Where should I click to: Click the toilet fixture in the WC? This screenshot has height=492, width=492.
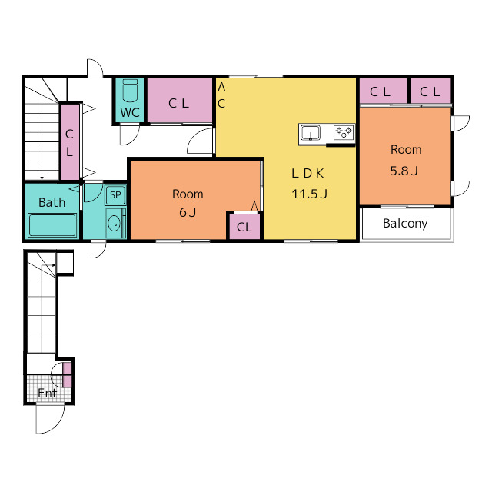[x=130, y=91]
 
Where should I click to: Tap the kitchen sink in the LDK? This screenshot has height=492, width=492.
[x=311, y=132]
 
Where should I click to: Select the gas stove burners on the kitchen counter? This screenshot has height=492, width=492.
[x=344, y=132]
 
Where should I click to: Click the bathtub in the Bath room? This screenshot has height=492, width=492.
[x=52, y=225]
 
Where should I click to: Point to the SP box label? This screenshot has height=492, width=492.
[x=115, y=195]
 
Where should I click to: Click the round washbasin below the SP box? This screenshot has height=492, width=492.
[x=114, y=224]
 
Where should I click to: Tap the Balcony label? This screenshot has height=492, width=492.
[x=405, y=224]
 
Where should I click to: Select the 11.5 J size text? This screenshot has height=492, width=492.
[x=309, y=194]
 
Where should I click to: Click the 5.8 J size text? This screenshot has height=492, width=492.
[x=404, y=171]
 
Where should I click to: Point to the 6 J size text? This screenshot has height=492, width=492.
[x=188, y=212]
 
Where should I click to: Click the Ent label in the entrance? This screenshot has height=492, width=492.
[x=48, y=393]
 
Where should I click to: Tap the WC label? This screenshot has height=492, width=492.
[x=130, y=112]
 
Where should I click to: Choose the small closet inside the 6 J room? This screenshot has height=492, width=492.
[x=244, y=227]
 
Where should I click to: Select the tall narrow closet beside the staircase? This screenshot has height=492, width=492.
[x=70, y=142]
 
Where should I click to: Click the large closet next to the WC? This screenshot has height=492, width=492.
[x=179, y=101]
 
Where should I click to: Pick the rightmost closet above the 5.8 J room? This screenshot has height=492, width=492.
[x=430, y=91]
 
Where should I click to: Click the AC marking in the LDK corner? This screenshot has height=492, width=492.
[x=221, y=95]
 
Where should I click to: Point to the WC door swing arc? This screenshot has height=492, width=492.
[x=130, y=135]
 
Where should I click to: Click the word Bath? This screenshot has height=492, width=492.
[x=52, y=202]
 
